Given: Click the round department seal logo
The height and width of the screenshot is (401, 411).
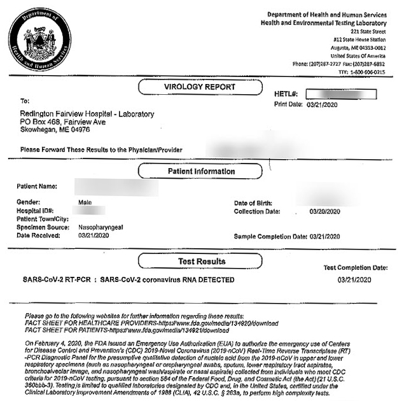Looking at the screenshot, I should click(40, 40).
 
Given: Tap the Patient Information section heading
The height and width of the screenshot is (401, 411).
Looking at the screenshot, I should click(201, 171).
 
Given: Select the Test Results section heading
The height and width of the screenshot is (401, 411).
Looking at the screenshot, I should click(201, 261).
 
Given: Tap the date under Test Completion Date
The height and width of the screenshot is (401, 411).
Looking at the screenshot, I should click(354, 279).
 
